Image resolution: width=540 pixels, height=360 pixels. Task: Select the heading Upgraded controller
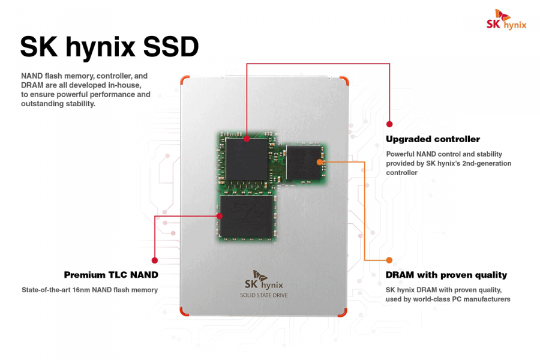click(433, 139)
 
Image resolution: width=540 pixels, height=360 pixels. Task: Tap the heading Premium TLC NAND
click(111, 275)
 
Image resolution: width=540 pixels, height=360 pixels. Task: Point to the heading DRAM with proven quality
click(446, 275)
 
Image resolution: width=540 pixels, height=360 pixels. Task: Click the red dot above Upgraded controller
click(389, 124)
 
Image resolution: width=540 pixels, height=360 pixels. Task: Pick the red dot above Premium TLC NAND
click(155, 260)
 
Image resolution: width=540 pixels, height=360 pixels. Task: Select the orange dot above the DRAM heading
click(389, 260)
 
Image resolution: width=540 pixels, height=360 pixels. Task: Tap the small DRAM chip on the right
click(305, 162)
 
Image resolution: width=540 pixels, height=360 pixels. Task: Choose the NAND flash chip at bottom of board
click(246, 216)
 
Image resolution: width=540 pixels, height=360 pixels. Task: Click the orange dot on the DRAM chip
click(319, 161)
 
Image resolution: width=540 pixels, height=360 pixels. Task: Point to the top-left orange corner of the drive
click(185, 80)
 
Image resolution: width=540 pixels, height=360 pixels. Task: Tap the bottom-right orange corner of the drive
click(342, 312)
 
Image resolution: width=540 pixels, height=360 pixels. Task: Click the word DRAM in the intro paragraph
click(32, 85)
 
